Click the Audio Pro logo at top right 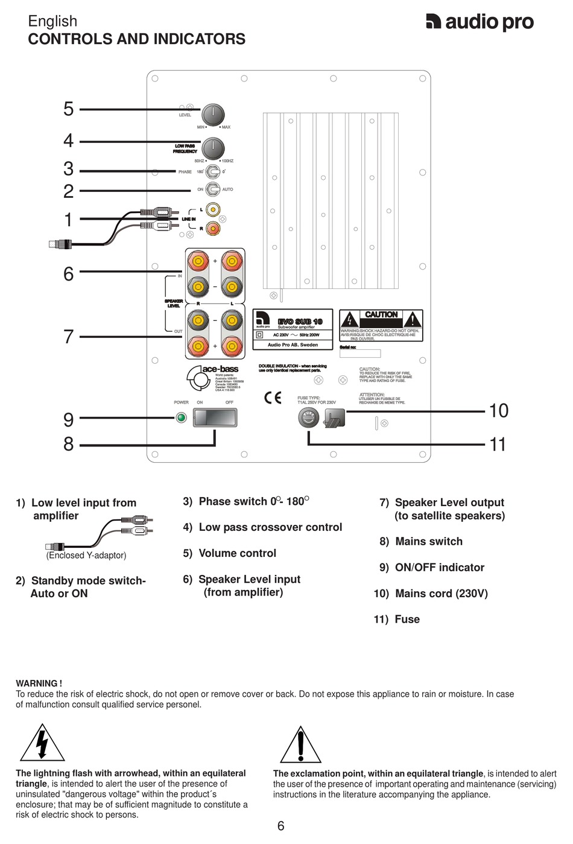480,22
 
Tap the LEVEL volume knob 212,115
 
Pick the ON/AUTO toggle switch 212,189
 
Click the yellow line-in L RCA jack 212,209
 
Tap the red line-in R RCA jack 212,228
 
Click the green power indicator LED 180,417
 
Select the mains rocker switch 215,417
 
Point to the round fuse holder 309,417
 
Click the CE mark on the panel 273,398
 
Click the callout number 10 498,411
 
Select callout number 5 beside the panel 69,109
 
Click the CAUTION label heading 381,314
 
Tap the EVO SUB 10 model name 300,322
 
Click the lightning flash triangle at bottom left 42,744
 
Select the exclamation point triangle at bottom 300,746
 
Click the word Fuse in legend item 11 407,619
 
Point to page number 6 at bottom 280,826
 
